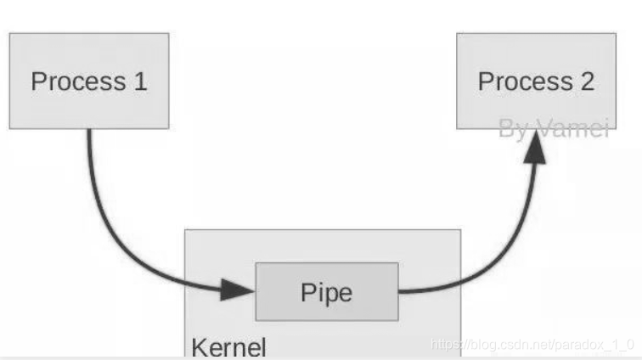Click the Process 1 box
coord(89,81)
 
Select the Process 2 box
coord(536,81)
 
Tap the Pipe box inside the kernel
coord(327,291)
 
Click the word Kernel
coord(228,347)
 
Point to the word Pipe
coord(327,292)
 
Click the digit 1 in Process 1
coord(139,82)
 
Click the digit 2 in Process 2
coord(586,82)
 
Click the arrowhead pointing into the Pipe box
coord(239,290)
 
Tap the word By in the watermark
coord(513,129)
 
